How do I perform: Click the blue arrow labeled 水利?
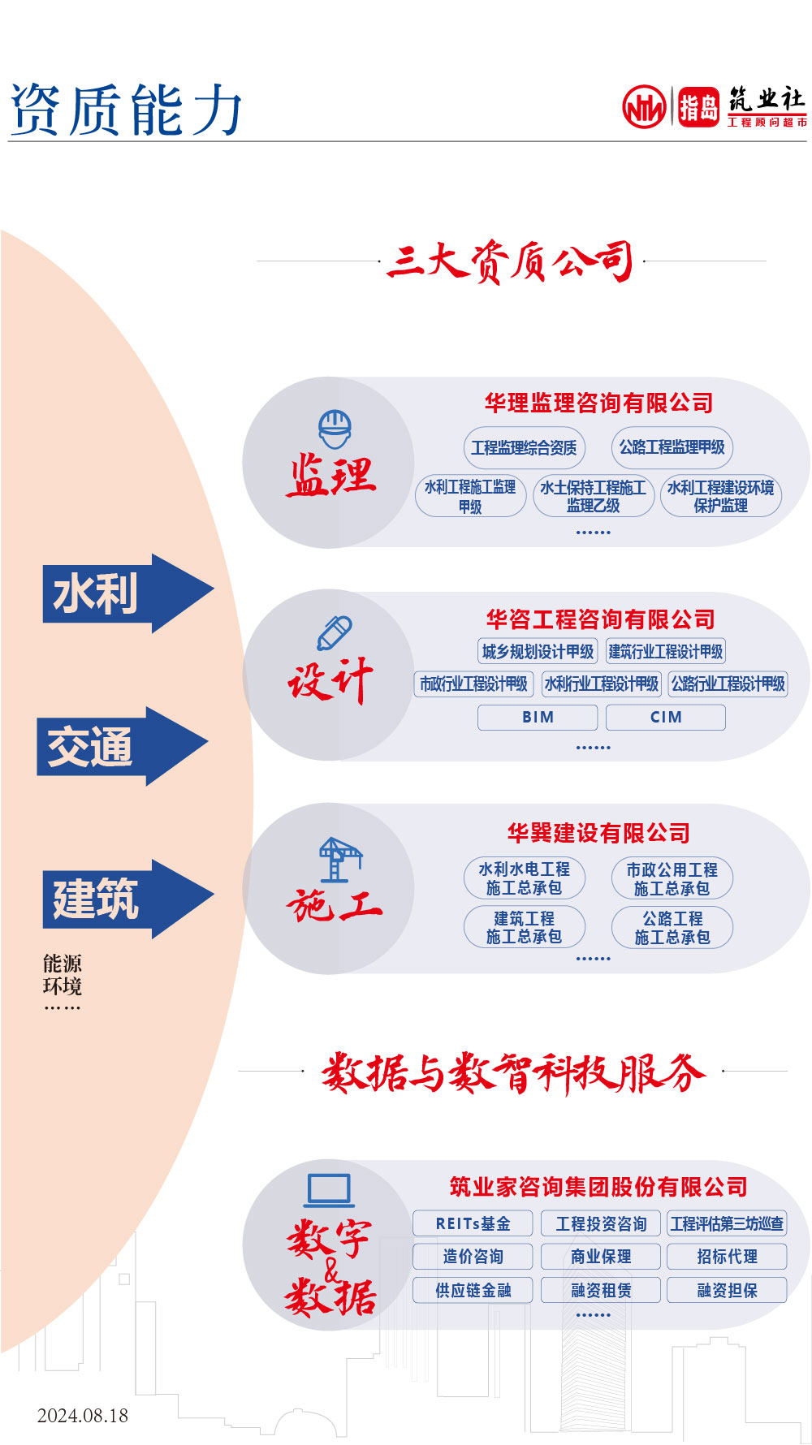pyautogui.click(x=126, y=593)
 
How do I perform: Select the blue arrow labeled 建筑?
pyautogui.click(x=126, y=899)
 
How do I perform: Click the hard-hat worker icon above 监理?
pyautogui.click(x=335, y=429)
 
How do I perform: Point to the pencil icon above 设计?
pyautogui.click(x=334, y=633)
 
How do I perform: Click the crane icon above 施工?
pyautogui.click(x=339, y=859)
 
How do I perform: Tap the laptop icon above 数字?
pyautogui.click(x=329, y=1190)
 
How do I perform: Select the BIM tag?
pyautogui.click(x=538, y=718)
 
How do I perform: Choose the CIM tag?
pyautogui.click(x=666, y=718)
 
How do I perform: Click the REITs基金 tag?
pyautogui.click(x=473, y=1223)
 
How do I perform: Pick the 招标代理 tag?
pyautogui.click(x=727, y=1257)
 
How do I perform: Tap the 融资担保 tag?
pyautogui.click(x=727, y=1290)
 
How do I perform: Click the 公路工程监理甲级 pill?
pyautogui.click(x=672, y=447)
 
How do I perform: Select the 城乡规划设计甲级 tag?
pyautogui.click(x=538, y=651)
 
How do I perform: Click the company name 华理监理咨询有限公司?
pyautogui.click(x=598, y=403)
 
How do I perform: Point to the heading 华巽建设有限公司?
pyautogui.click(x=598, y=833)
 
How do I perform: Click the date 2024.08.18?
pyautogui.click(x=83, y=1416)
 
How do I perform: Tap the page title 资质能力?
pyautogui.click(x=126, y=110)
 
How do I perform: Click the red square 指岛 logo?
pyautogui.click(x=698, y=107)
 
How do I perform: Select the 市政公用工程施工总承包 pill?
pyautogui.click(x=672, y=878)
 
